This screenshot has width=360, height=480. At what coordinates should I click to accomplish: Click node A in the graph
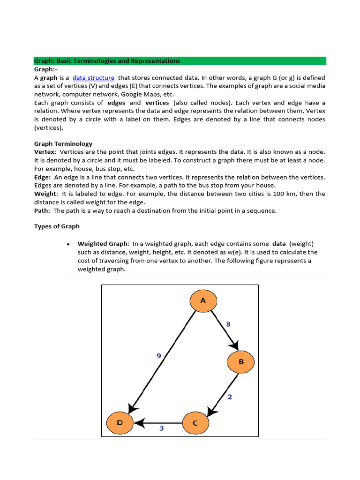[x=203, y=300]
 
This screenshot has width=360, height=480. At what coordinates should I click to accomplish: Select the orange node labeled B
[x=241, y=362]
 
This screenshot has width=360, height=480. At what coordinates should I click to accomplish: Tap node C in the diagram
[x=195, y=423]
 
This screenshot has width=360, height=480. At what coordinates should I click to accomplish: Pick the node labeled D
[x=120, y=423]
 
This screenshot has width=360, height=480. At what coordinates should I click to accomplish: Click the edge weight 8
[x=228, y=324]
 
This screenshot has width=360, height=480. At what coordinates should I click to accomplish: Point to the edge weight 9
[x=159, y=356]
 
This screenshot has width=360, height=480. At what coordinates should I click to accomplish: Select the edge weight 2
[x=230, y=397]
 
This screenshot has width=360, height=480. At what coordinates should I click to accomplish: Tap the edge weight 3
[x=161, y=428]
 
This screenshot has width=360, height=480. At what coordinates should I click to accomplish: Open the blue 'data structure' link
[x=93, y=78]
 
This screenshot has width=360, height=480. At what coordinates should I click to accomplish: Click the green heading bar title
[x=107, y=61]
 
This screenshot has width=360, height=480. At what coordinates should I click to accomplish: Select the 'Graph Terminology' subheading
[x=63, y=144]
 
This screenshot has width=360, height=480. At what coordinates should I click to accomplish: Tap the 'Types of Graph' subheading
[x=57, y=226]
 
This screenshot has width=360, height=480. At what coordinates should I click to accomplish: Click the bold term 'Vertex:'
[x=45, y=152]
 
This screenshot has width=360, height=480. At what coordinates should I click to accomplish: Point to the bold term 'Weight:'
[x=46, y=194]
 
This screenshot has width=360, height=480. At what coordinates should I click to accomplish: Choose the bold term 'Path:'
[x=42, y=210]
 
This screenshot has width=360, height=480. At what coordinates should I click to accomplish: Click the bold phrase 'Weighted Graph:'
[x=103, y=244]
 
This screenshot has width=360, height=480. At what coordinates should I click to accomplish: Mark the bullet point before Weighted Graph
[x=68, y=244]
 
